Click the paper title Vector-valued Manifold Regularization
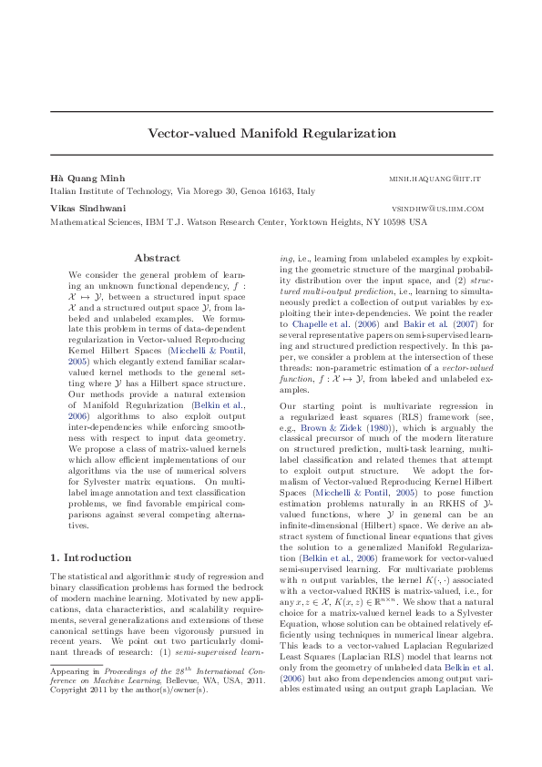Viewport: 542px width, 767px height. click(x=271, y=133)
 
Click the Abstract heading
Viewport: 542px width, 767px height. click(x=157, y=259)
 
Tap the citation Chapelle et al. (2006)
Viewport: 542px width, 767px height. click(x=324, y=323)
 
